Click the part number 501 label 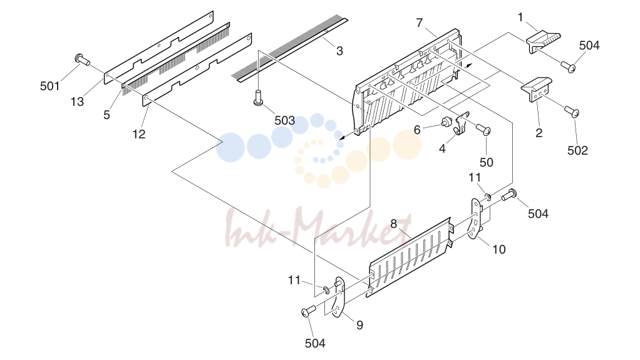tap(50, 86)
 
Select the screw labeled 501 tap(83, 60)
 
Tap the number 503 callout tap(284, 120)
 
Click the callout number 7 tap(420, 23)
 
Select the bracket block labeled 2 tap(537, 90)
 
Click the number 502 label tap(577, 150)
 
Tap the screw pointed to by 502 tap(572, 111)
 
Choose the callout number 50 tap(486, 162)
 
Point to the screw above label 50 tap(483, 130)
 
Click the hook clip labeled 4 tap(462, 123)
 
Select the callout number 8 tap(393, 224)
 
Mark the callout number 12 tap(139, 134)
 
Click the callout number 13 tap(77, 101)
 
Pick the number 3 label tap(339, 51)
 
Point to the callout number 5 tap(106, 115)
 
